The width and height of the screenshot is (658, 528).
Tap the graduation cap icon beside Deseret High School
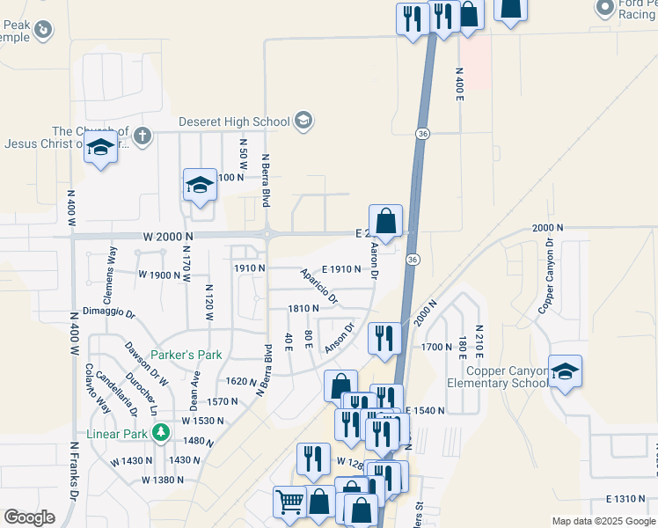click(303, 121)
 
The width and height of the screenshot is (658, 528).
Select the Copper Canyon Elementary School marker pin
click(564, 371)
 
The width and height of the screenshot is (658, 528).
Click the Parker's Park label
click(186, 355)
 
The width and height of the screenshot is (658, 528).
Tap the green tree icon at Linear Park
click(160, 433)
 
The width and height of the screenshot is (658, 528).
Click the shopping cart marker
click(289, 502)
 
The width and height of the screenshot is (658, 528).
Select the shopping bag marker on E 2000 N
click(385, 222)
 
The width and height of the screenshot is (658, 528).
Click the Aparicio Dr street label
click(319, 287)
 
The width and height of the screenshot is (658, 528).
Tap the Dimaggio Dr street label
click(109, 312)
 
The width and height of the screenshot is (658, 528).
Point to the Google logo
click(29, 517)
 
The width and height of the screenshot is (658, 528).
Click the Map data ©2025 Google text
click(603, 521)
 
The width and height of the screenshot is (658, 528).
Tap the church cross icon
click(142, 136)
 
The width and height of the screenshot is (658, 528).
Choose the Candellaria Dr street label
click(121, 393)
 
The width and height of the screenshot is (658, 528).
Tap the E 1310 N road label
click(627, 498)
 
